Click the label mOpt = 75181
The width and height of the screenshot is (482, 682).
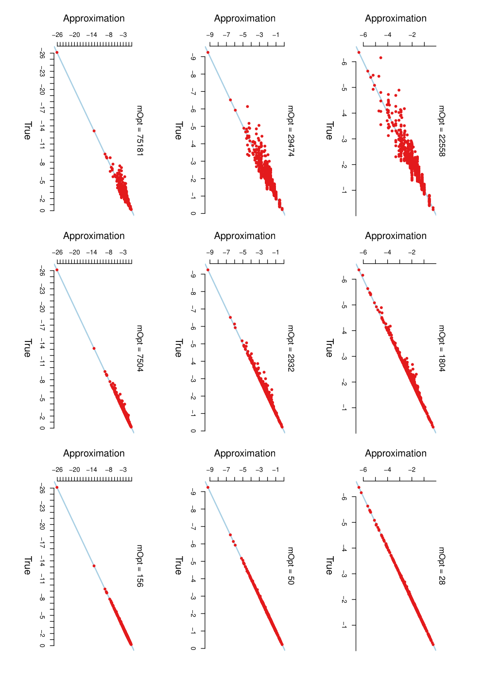(139, 131)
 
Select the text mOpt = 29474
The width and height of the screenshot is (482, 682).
(291, 131)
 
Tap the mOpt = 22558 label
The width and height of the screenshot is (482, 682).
(442, 131)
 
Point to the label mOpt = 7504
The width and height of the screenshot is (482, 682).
(139, 348)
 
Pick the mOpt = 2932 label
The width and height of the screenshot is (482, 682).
(291, 348)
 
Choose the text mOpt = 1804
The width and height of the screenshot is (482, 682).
(442, 348)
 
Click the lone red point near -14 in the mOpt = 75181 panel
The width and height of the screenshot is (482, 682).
(94, 131)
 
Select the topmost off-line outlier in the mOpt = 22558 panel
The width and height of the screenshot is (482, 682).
(380, 57)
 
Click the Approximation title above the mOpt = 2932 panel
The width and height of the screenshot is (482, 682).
(245, 236)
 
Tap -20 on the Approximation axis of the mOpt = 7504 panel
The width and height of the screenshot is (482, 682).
(74, 253)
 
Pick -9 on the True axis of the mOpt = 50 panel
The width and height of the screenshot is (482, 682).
(193, 493)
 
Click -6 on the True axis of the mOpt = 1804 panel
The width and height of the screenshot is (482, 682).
(344, 280)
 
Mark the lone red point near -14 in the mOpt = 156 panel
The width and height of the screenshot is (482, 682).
(94, 566)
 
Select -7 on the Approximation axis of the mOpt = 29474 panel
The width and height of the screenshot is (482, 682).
(226, 35)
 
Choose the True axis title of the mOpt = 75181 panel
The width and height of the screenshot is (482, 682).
(28, 131)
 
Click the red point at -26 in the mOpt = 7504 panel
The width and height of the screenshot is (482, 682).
(57, 270)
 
